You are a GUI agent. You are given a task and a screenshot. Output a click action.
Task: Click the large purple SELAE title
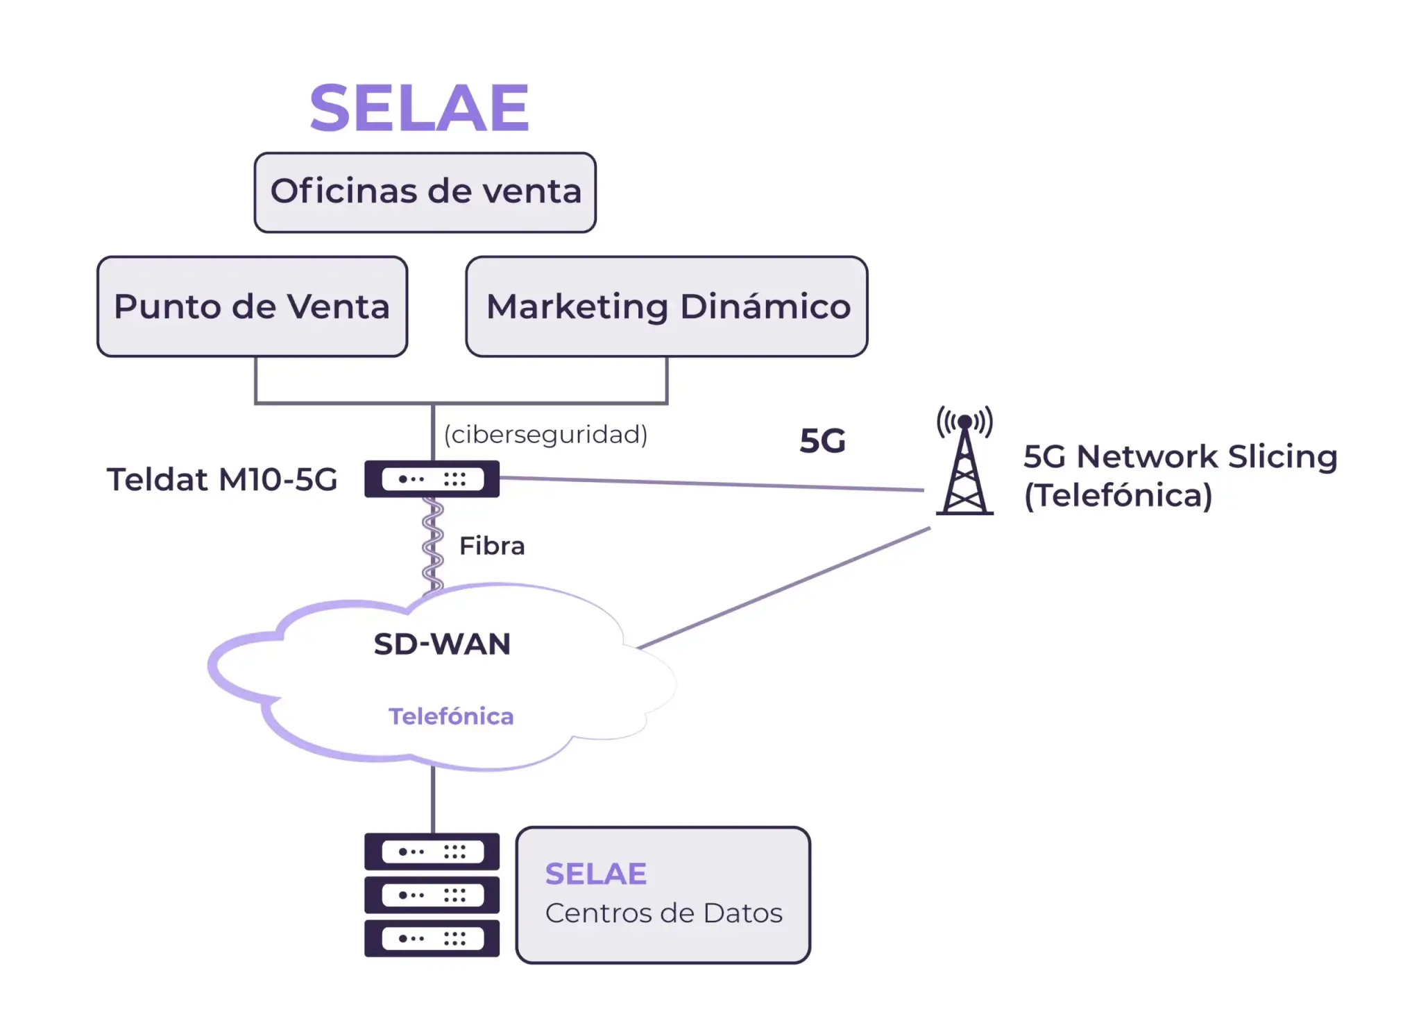point(419,108)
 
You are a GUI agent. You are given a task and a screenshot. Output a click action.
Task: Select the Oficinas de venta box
point(425,192)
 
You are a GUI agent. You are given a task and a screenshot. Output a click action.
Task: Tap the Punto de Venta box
point(252,307)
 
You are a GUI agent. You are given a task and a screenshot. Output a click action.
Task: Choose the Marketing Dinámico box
point(667,307)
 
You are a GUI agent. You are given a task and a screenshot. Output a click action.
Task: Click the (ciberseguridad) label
point(545,435)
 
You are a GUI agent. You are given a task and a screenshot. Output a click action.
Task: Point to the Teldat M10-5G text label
point(222,479)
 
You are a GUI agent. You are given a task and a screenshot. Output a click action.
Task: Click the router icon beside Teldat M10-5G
point(432,479)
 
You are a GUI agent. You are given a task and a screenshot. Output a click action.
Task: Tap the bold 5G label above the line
point(822,441)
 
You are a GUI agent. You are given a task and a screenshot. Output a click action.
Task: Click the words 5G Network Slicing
point(1180,456)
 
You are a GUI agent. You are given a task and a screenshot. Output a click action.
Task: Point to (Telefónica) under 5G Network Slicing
point(1118,495)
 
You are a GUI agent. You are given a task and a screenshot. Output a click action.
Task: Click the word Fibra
point(492,546)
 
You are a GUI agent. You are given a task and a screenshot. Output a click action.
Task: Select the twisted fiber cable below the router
point(432,544)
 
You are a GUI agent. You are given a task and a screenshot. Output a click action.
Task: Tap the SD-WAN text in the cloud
point(442,644)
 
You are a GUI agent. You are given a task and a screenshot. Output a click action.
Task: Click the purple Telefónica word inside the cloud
point(451,716)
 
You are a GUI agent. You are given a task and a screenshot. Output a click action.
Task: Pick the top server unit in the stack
point(432,852)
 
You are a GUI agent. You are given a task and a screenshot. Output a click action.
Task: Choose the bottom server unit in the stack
point(432,938)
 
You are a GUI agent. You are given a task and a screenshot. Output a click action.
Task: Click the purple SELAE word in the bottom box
point(595,874)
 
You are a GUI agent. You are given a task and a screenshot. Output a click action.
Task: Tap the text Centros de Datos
point(663,913)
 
